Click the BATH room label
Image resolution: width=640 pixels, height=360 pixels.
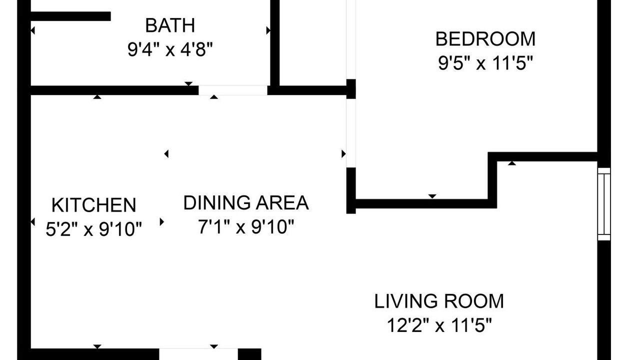[x=170, y=25]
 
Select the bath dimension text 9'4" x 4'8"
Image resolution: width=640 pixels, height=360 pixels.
[x=170, y=49]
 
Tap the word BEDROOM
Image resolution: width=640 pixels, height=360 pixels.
[x=485, y=39]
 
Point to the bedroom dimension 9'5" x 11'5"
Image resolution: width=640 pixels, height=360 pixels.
[x=485, y=63]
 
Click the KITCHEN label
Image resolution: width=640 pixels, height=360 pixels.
[x=93, y=205]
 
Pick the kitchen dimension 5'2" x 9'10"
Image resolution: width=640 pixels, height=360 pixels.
[x=93, y=229]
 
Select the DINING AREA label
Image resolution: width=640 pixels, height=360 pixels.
[x=246, y=203]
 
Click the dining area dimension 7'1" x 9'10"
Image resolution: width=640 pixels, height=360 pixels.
[x=246, y=226]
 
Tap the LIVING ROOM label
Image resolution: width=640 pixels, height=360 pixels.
[x=439, y=301]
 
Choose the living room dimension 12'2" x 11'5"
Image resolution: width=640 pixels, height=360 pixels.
[x=439, y=325]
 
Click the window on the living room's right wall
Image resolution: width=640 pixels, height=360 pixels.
[x=604, y=204]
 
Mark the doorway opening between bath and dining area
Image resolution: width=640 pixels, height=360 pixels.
[x=233, y=90]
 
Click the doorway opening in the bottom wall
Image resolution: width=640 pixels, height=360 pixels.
[x=198, y=354]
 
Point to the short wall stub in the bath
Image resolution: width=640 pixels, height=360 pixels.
[x=70, y=16]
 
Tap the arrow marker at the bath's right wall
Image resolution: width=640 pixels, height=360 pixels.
[x=268, y=30]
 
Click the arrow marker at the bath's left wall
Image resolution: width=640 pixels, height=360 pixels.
[x=32, y=30]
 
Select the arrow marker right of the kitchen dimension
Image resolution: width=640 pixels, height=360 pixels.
[x=161, y=221]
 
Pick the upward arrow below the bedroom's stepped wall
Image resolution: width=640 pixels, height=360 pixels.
[x=511, y=163]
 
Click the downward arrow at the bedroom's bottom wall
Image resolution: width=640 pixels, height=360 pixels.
[x=432, y=196]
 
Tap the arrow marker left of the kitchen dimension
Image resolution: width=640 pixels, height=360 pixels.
[x=32, y=221]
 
